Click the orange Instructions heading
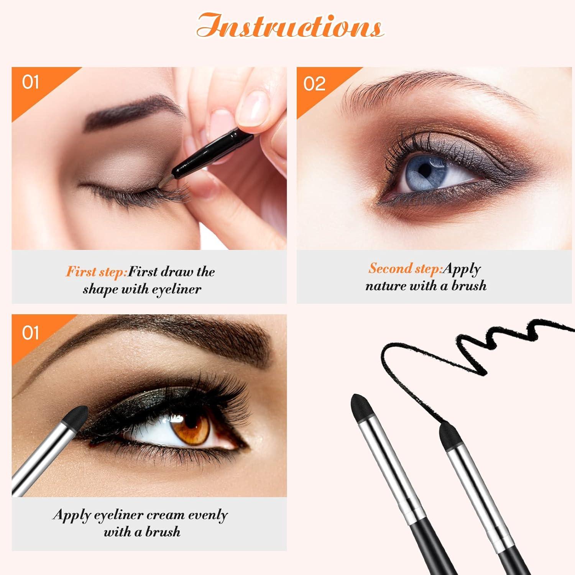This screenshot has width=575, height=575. pos(290,26)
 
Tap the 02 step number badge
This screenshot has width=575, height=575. pos(314,84)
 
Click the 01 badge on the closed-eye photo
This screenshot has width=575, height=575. pos(30,82)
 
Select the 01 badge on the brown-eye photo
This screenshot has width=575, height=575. pos(30,333)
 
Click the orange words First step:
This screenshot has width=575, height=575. pos(96,272)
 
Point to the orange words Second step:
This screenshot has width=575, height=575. pos(405,268)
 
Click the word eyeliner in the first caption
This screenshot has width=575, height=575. pos(176,289)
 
